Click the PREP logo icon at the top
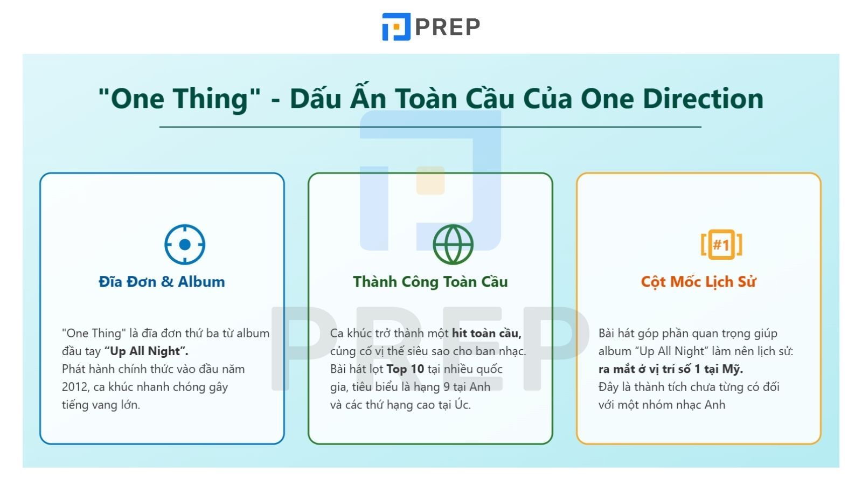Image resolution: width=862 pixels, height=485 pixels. click(396, 26)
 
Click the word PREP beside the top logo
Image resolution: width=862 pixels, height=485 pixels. click(448, 27)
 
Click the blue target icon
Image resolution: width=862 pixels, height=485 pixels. click(185, 245)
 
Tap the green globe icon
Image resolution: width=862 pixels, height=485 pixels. click(453, 245)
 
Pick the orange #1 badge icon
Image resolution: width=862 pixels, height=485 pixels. click(721, 245)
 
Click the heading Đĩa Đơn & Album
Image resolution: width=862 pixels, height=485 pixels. click(162, 282)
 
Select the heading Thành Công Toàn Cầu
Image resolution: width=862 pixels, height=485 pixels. click(430, 282)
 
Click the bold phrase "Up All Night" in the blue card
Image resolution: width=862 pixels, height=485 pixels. click(146, 351)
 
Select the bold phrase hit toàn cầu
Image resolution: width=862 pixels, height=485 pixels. click(486, 334)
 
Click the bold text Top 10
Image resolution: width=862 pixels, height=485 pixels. click(405, 369)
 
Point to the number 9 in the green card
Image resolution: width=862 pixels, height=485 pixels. click(447, 387)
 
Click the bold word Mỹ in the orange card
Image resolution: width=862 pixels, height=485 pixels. click(732, 369)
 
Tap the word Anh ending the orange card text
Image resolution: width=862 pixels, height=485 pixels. click(714, 405)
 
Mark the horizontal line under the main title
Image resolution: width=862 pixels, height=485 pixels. click(430, 127)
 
